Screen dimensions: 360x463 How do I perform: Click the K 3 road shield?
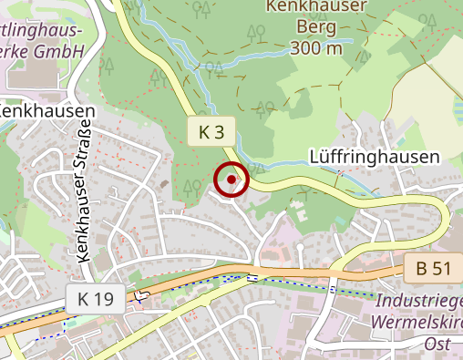pos(211,132)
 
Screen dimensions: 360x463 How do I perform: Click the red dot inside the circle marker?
pos(231,180)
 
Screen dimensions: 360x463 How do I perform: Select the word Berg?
pos(317,27)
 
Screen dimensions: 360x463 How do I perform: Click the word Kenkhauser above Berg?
pos(317,7)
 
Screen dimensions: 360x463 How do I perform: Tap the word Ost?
pos(438,344)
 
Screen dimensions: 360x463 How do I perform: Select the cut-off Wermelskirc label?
pos(417,322)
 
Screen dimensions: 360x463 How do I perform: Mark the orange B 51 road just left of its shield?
pos(383,271)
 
